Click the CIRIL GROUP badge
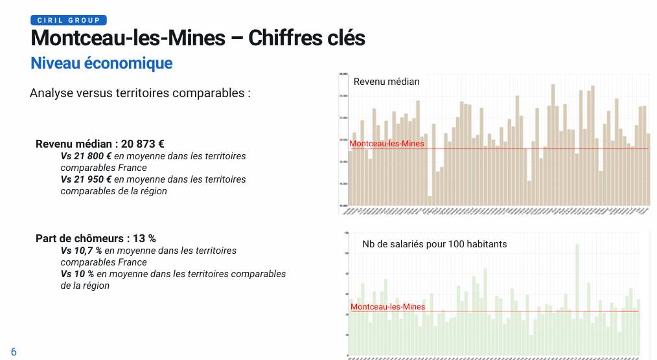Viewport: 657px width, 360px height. [68, 20]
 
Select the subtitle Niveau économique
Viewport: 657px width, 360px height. [101, 63]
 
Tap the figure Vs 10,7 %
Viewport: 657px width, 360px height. [82, 251]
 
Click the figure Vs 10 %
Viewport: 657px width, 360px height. [77, 274]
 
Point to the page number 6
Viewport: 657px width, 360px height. [14, 352]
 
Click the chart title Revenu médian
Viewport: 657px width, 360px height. [386, 82]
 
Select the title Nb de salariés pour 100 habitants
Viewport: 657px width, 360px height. [434, 244]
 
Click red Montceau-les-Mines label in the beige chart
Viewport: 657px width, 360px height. [387, 144]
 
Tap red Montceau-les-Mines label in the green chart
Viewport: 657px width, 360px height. [387, 306]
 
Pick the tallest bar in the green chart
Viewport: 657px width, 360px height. [577, 298]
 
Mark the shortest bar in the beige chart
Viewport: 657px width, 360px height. [430, 200]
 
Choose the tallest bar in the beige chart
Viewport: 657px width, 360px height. [553, 142]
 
